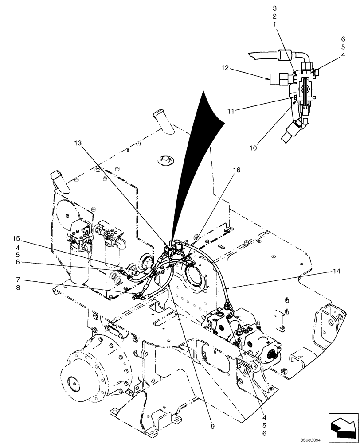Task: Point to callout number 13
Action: click(x=78, y=143)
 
